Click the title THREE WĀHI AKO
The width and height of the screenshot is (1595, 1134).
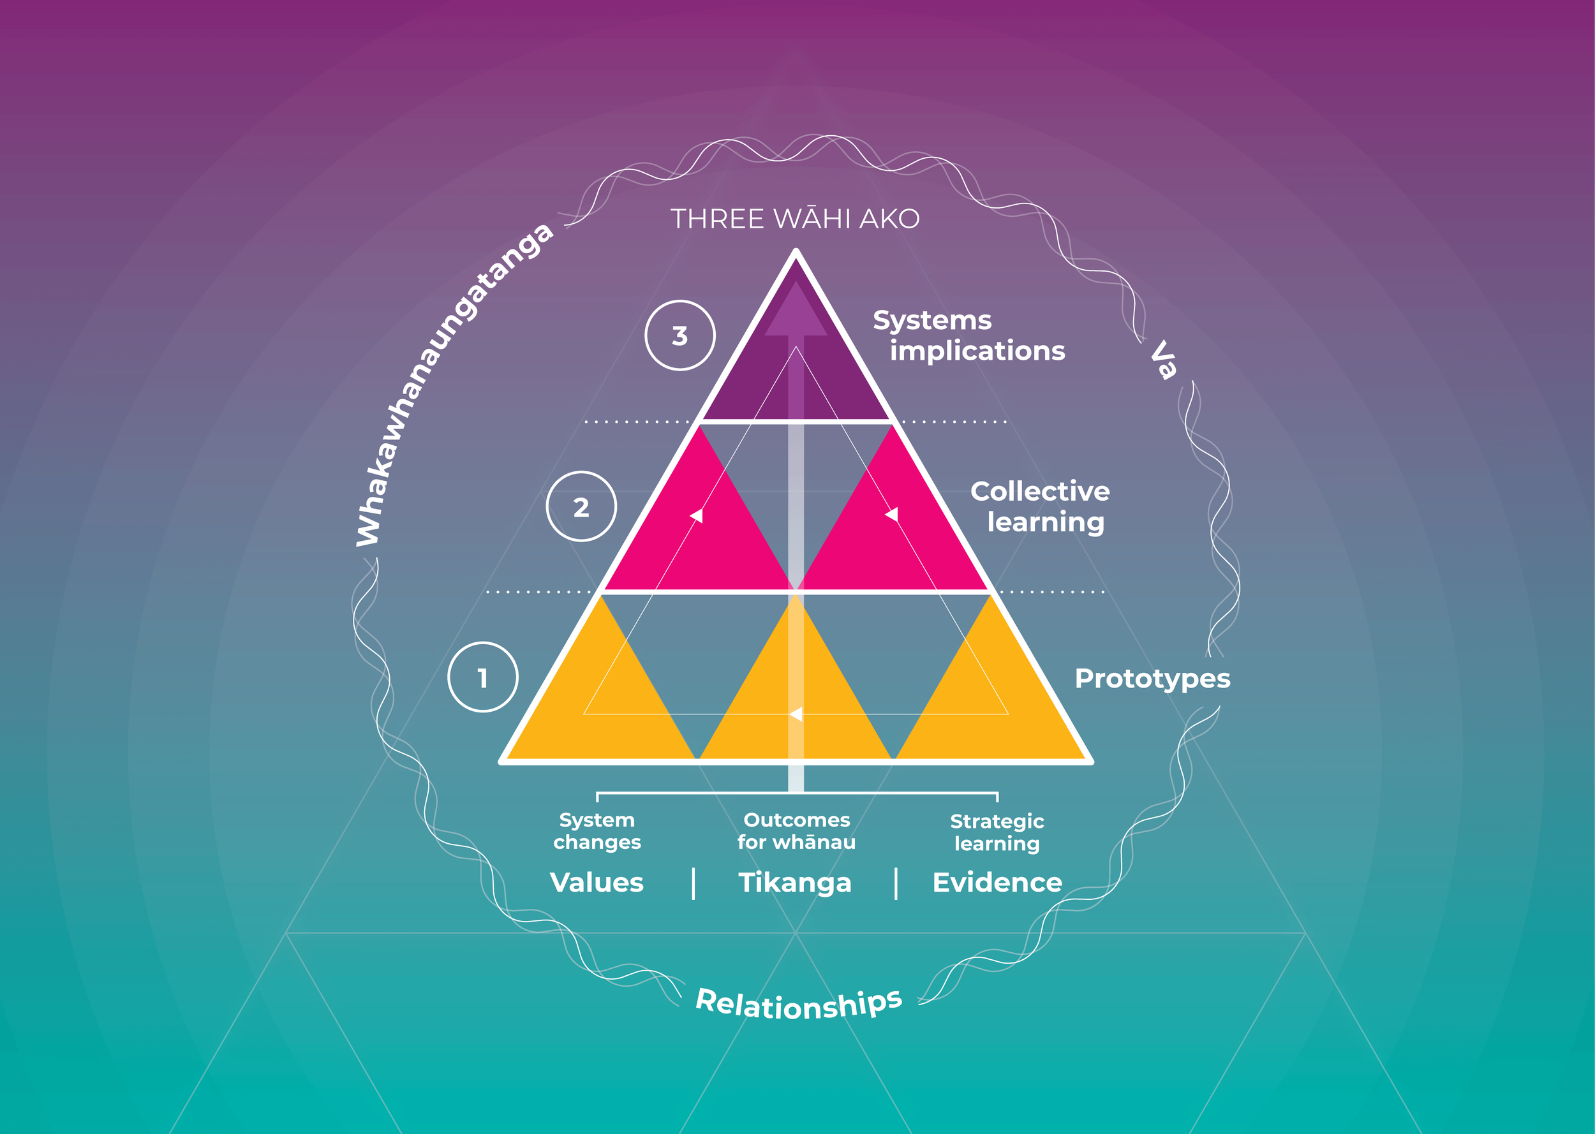pos(796,219)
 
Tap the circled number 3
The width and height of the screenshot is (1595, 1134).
pos(679,335)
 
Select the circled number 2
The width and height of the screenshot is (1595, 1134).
pos(581,506)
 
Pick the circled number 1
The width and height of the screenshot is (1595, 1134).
pos(482,677)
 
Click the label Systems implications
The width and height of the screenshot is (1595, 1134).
pos(968,337)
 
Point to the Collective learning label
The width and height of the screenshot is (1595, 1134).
pos(1040,507)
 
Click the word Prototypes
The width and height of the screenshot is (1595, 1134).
pos(1152,679)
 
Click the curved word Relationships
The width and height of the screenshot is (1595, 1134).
pos(799,1004)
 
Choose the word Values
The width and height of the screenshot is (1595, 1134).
pos(597,883)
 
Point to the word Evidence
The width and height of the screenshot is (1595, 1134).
pos(997,883)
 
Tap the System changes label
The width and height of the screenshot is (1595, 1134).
pos(597,831)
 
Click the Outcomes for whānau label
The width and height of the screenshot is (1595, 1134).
pos(796,831)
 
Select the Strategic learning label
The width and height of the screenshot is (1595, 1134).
pos(997,832)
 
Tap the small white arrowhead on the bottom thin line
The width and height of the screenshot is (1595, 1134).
pos(796,714)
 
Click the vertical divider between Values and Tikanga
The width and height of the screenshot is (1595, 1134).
pos(694,883)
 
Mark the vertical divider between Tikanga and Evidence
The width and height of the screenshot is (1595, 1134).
pos(896,883)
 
